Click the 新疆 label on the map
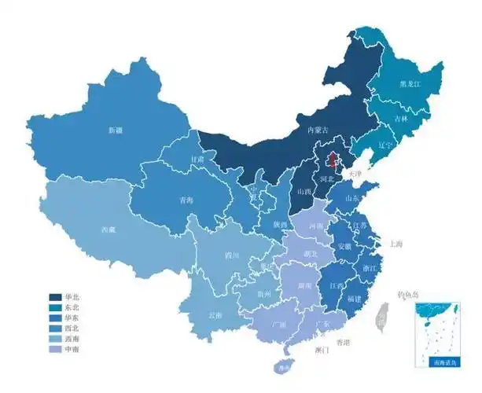(x=116, y=130)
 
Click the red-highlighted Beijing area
(x=332, y=161)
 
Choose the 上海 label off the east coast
(x=392, y=244)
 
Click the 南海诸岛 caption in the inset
(x=443, y=362)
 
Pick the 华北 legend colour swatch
(x=57, y=298)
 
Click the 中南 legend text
(x=73, y=349)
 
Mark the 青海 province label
(x=186, y=200)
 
